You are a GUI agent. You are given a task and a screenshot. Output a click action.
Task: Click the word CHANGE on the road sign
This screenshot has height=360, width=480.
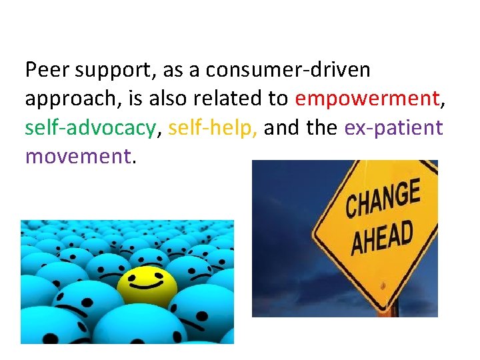tap(383, 199)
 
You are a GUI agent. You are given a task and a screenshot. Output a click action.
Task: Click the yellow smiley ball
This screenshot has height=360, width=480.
tap(147, 284)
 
